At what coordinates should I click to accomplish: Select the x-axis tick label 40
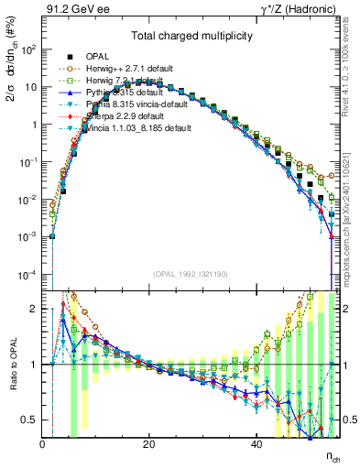(x=256, y=446)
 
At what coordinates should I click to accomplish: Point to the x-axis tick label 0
(x=42, y=446)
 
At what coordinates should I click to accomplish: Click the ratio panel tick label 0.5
(x=29, y=420)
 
